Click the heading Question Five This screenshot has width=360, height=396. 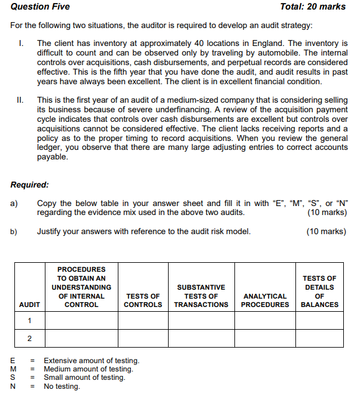tap(40, 7)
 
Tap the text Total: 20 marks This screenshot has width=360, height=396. tap(313, 7)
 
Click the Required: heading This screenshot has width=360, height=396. tap(30, 185)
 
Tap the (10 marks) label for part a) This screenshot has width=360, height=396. tap(327, 213)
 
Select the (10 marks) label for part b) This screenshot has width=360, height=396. tap(327, 232)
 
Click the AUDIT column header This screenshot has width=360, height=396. tap(30, 305)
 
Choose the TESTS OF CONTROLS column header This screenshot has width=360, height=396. tap(143, 300)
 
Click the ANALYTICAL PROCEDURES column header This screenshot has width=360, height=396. tap(265, 300)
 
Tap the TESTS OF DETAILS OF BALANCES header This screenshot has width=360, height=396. tap(319, 291)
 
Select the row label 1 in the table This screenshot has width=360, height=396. tap(29, 321)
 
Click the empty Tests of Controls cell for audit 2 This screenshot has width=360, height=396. tap(143, 339)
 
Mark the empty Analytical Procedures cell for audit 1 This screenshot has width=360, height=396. tap(265, 321)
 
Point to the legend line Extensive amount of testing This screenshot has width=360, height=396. tap(91, 361)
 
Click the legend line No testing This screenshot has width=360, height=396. tap(62, 386)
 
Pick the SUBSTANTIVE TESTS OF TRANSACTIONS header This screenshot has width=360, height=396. tap(201, 296)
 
